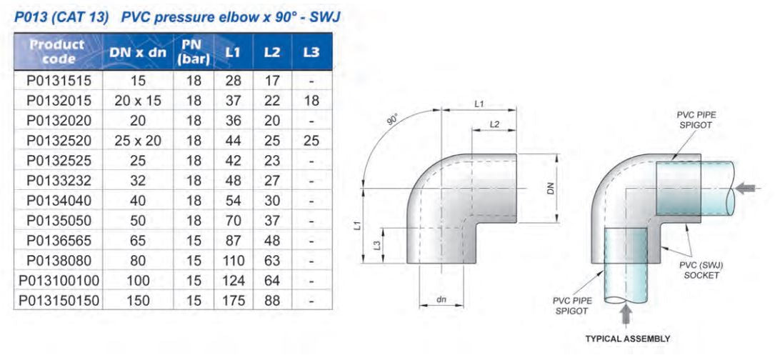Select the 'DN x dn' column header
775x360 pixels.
(x=138, y=52)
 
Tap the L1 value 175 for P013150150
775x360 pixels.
(x=233, y=301)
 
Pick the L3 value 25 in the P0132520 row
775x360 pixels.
(x=311, y=141)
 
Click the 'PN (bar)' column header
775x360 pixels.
(x=194, y=52)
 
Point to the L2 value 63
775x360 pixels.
(x=272, y=261)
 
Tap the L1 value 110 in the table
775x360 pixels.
(x=233, y=261)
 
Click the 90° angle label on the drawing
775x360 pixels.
(x=393, y=119)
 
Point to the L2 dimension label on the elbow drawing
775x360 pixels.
(x=494, y=124)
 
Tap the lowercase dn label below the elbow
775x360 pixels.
(x=441, y=300)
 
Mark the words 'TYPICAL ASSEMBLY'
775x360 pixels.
(x=628, y=339)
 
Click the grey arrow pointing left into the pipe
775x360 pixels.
(x=746, y=189)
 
